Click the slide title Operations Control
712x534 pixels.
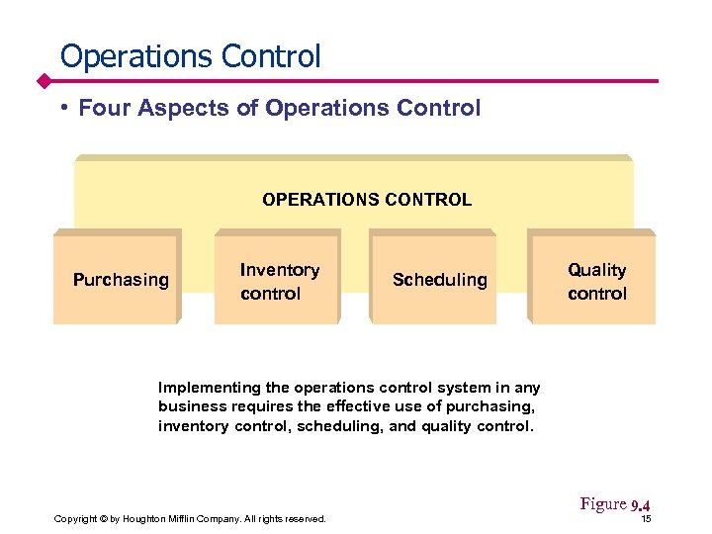[190, 55]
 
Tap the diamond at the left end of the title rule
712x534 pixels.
[44, 80]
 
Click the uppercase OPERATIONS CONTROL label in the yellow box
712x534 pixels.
[367, 200]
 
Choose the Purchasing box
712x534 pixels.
[118, 280]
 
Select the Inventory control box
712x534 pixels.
[278, 281]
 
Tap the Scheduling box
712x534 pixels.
[435, 280]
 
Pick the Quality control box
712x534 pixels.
[593, 281]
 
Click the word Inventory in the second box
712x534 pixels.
[280, 270]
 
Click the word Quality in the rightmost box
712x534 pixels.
[596, 270]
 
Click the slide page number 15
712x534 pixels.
[646, 519]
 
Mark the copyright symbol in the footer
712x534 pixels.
[104, 519]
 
